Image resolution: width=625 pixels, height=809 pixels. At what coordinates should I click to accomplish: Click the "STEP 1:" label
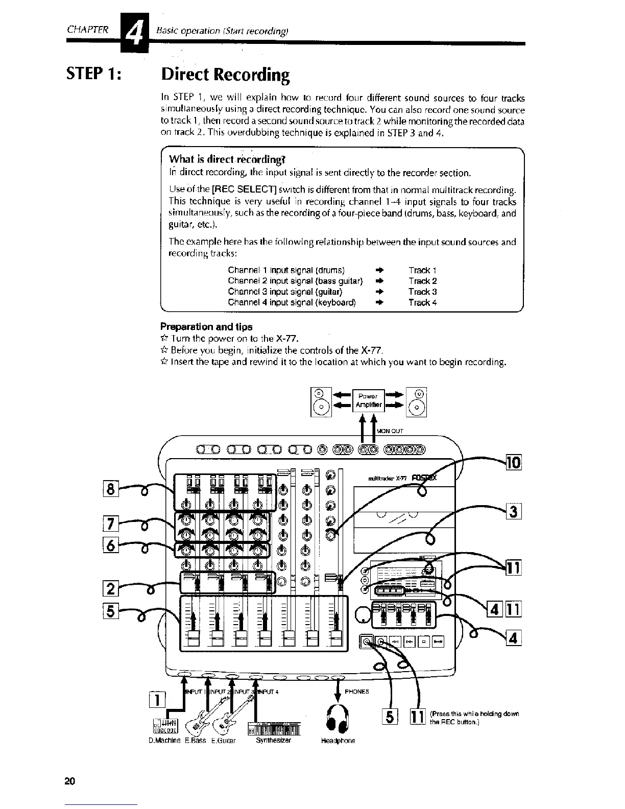point(93,75)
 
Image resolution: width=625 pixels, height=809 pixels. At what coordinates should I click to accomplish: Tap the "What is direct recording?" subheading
point(227,158)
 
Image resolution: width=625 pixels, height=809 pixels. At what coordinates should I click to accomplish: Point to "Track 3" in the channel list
point(422,292)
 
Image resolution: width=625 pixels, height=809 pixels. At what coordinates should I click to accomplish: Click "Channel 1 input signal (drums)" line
point(286,270)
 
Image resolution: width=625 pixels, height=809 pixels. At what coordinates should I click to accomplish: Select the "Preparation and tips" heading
point(206,326)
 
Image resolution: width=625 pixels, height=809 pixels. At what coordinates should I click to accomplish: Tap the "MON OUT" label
point(390,431)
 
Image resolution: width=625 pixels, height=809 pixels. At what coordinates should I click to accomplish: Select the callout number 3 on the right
point(513,511)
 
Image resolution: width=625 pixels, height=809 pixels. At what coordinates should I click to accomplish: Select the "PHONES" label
point(357,692)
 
